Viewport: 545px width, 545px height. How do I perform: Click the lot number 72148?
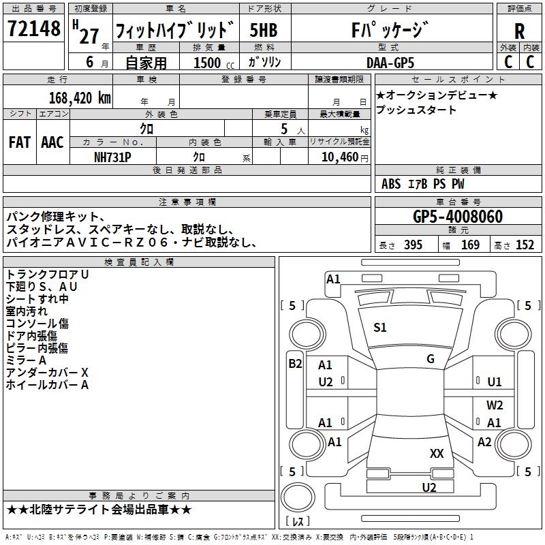(33, 29)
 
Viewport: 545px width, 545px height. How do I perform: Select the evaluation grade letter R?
(519, 31)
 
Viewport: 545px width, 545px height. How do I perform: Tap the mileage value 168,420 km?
(80, 97)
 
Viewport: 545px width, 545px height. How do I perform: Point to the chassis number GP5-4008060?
(458, 217)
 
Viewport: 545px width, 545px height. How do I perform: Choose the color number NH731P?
(113, 157)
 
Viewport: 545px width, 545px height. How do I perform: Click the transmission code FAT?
(19, 142)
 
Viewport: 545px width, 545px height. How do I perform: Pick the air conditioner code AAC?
(52, 142)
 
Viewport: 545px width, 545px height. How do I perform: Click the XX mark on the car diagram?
(437, 453)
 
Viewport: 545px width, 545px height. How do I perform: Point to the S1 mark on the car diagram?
(380, 328)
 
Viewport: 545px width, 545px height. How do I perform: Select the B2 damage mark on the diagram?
(295, 364)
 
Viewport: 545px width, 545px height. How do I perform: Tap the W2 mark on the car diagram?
(495, 405)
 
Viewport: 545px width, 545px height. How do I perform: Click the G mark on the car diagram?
(430, 359)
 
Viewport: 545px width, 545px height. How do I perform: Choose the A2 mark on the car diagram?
(484, 442)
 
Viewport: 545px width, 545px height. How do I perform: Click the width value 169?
(470, 245)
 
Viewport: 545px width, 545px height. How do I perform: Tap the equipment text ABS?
(391, 184)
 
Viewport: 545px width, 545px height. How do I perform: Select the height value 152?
(525, 245)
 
